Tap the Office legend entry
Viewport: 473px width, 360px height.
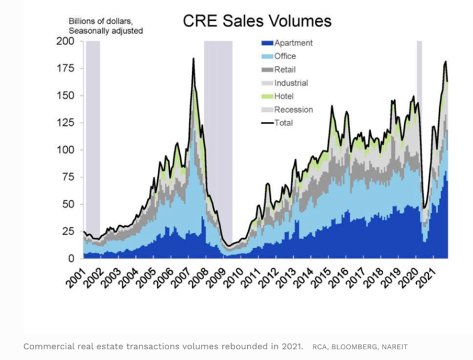click(281, 56)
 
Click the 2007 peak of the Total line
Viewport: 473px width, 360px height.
click(193, 59)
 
